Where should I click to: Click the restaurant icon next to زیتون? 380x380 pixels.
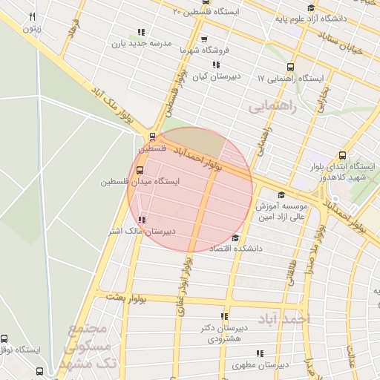[31, 16]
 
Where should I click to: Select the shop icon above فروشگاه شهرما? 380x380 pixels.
[204, 39]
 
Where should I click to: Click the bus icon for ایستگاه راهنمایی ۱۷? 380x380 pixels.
[289, 67]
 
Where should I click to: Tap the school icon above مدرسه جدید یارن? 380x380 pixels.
[140, 32]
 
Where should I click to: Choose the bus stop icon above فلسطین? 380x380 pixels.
[152, 137]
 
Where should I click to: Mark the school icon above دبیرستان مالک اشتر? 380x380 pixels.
[142, 220]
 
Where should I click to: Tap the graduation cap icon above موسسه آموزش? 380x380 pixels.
[281, 194]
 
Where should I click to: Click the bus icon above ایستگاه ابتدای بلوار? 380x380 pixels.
[341, 155]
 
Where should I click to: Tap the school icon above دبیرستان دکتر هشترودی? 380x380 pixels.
[224, 316]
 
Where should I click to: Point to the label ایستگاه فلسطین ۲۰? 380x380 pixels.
[206, 12]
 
